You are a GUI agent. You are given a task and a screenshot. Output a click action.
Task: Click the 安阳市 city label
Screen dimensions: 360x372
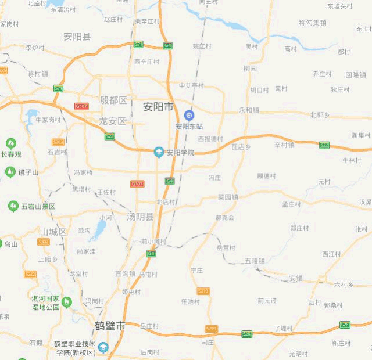(158, 107)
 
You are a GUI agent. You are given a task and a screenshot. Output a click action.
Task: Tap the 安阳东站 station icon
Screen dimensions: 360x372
(188, 116)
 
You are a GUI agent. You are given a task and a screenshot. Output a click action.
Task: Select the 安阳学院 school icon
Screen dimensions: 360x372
(158, 152)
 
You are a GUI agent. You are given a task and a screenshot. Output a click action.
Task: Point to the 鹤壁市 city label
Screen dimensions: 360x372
(110, 326)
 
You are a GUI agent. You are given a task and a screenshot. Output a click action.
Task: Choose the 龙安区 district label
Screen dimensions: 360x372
(112, 121)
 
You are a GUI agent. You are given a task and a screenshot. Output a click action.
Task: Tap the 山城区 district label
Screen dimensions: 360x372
(53, 232)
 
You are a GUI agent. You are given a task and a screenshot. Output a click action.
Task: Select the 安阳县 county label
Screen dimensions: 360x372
(77, 37)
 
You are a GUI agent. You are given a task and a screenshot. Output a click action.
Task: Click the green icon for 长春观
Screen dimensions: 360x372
(10, 143)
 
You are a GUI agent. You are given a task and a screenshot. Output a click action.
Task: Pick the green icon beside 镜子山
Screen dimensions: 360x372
(10, 172)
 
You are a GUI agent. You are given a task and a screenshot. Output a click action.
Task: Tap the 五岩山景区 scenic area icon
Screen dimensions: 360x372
(13, 206)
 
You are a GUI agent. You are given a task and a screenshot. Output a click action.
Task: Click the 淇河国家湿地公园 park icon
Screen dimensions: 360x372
(67, 302)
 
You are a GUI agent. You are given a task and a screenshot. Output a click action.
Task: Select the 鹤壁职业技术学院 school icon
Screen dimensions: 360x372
(103, 348)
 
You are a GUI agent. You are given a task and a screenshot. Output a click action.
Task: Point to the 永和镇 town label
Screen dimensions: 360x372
(249, 110)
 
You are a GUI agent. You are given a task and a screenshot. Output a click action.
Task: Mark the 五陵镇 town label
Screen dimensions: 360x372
(255, 260)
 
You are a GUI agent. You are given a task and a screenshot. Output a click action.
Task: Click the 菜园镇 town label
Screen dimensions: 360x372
(228, 197)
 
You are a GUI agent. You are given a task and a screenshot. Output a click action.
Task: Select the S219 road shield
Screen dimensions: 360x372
(203, 291)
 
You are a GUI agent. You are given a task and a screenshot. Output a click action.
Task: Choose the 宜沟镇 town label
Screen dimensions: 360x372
(125, 273)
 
